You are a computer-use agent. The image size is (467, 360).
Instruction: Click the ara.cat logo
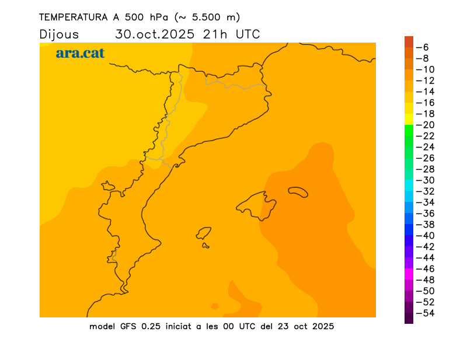[80, 53]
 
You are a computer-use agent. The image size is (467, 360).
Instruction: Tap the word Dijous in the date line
[59, 34]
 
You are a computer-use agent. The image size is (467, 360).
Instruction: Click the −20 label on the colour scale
[429, 125]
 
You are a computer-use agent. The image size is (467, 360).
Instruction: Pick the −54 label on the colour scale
[429, 313]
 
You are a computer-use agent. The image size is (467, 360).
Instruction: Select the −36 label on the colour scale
[429, 214]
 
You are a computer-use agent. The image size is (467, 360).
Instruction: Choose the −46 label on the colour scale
[429, 269]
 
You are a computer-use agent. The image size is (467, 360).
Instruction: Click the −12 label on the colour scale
[429, 81]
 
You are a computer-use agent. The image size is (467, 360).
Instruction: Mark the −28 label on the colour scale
[429, 169]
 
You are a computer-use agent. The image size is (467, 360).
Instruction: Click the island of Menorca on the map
[298, 191]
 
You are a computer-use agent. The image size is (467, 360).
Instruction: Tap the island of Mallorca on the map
[257, 205]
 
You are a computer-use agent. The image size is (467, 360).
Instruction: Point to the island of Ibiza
[204, 233]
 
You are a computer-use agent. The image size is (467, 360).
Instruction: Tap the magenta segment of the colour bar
[409, 274]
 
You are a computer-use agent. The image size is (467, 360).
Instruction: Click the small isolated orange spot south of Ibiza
[215, 306]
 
